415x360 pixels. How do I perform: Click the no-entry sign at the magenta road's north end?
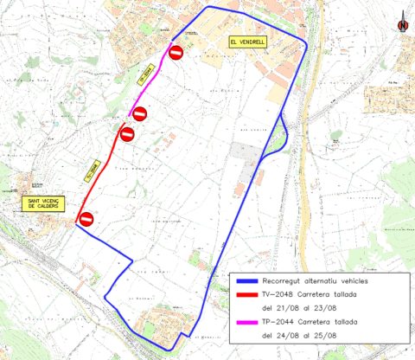(176, 54)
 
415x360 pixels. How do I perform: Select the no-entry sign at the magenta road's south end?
(138, 113)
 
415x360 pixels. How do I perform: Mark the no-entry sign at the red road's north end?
(127, 134)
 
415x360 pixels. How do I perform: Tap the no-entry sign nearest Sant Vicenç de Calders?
(86, 220)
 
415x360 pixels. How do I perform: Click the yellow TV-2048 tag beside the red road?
(93, 170)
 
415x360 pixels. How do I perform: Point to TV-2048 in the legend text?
(278, 294)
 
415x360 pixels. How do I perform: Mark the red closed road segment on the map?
(104, 173)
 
